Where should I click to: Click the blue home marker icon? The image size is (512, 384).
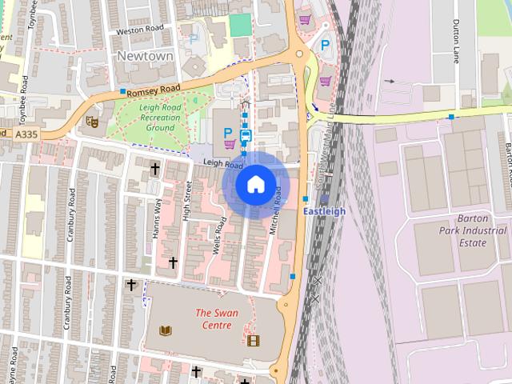[254, 185]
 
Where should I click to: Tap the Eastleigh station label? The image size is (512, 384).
[326, 211]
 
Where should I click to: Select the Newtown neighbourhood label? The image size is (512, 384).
[145, 56]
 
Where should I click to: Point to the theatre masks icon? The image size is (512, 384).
[92, 122]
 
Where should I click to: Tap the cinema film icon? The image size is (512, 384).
[254, 342]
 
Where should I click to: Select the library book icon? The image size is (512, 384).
[166, 331]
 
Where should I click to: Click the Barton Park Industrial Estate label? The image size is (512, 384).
[466, 231]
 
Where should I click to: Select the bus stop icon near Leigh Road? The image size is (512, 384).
[246, 136]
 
